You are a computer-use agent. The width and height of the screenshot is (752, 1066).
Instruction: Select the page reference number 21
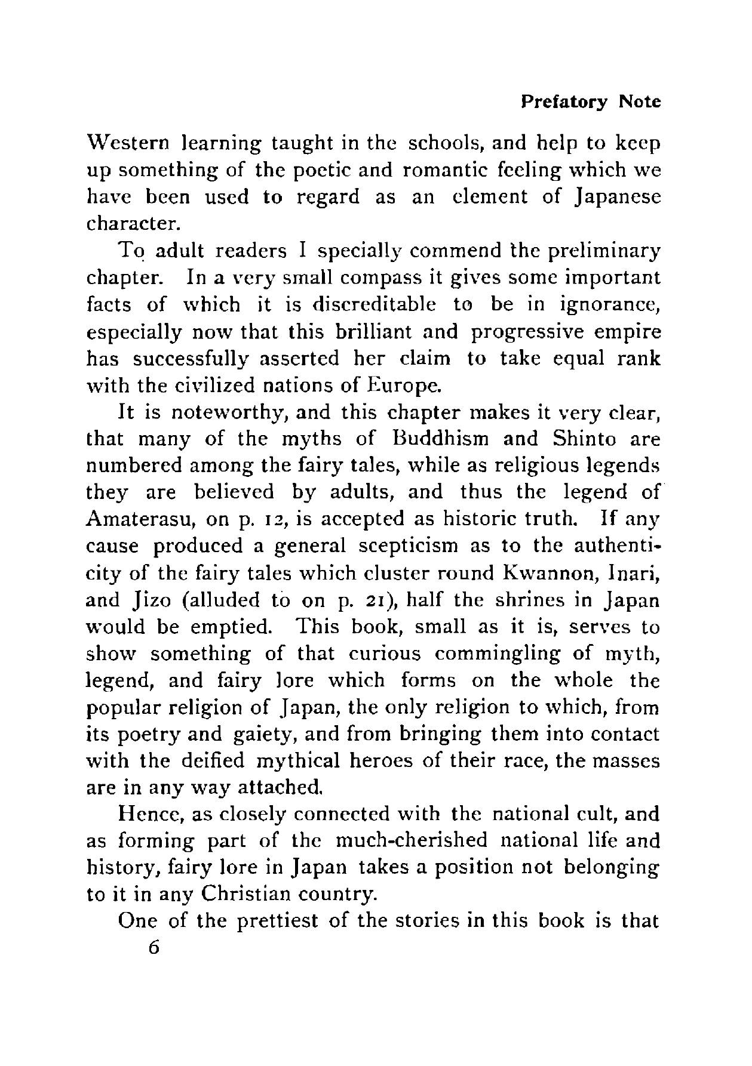click(x=376, y=600)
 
